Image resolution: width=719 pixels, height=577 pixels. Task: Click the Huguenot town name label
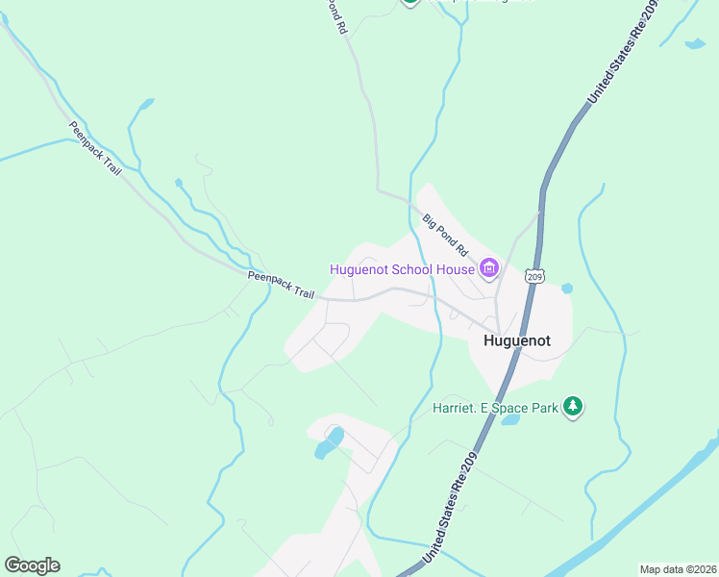pyautogui.click(x=517, y=339)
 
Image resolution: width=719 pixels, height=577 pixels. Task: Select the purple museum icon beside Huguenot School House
pyautogui.click(x=488, y=268)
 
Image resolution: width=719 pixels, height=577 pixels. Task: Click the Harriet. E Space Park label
pyautogui.click(x=495, y=408)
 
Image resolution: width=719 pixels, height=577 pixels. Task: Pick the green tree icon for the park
pyautogui.click(x=573, y=407)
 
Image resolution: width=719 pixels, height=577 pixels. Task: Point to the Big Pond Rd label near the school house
pyautogui.click(x=444, y=235)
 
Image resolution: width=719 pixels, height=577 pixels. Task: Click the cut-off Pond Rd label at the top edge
pyautogui.click(x=335, y=16)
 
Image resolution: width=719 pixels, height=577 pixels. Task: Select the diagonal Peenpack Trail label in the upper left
pyautogui.click(x=95, y=148)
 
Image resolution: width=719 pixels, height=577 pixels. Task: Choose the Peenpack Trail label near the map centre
pyautogui.click(x=281, y=284)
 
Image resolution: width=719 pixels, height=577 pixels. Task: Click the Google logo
pyautogui.click(x=32, y=565)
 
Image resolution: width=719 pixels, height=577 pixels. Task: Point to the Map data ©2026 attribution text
pyautogui.click(x=678, y=569)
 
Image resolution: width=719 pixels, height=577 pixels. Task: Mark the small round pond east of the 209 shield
pyautogui.click(x=567, y=288)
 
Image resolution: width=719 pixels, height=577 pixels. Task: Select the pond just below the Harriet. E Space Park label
pyautogui.click(x=510, y=419)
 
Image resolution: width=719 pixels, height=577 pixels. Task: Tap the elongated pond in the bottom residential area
pyautogui.click(x=329, y=442)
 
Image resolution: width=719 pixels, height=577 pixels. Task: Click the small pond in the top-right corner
pyautogui.click(x=694, y=43)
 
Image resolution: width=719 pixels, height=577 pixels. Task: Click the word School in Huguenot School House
pyautogui.click(x=415, y=269)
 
